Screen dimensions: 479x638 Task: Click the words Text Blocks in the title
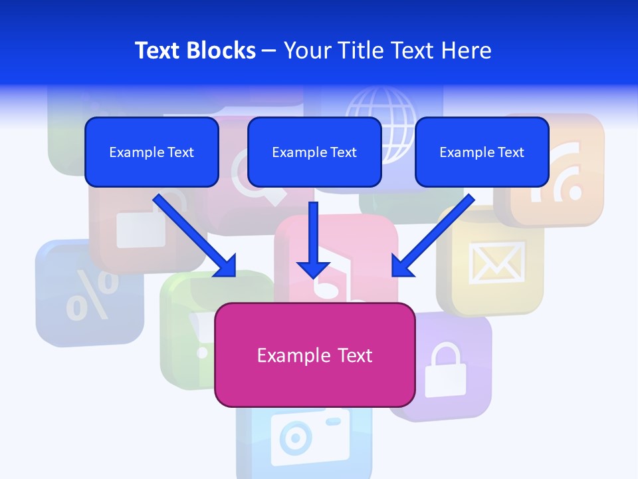point(195,51)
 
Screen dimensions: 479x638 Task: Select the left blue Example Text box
point(152,152)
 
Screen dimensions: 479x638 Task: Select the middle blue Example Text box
point(314,152)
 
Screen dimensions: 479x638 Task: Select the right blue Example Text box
point(482,152)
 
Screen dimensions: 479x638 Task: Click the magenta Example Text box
point(314,355)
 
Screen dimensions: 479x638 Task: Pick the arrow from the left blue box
point(196,236)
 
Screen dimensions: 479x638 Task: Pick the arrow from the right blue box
point(433,236)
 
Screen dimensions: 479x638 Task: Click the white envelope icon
point(497,261)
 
